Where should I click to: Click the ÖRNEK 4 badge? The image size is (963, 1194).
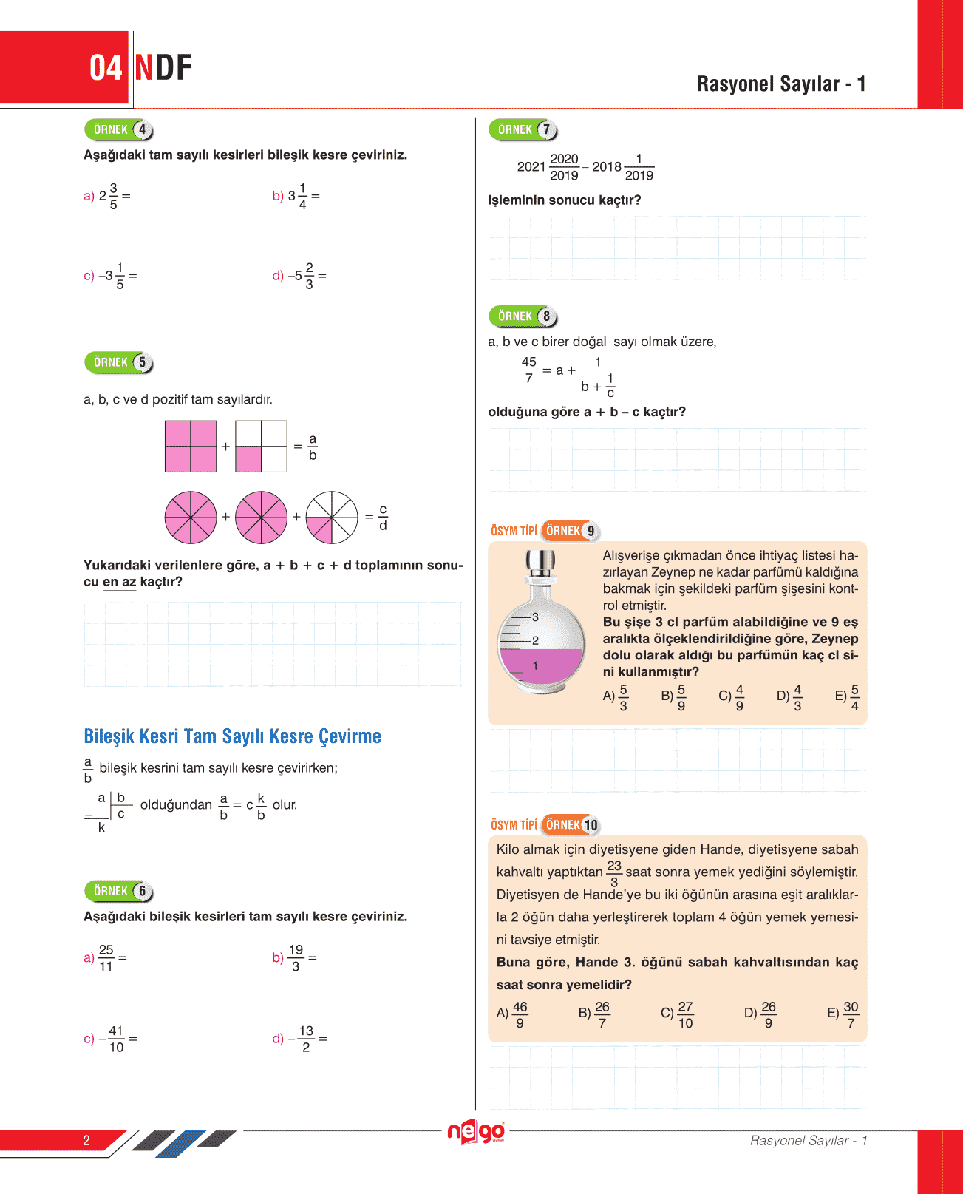[x=118, y=130]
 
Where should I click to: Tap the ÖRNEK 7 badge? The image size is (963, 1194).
[x=523, y=130]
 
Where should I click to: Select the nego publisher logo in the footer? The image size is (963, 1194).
[x=477, y=1132]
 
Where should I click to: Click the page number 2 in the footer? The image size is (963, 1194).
[x=86, y=1140]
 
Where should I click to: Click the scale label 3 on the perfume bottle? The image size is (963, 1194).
[x=535, y=617]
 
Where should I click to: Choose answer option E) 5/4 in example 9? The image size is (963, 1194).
[x=848, y=697]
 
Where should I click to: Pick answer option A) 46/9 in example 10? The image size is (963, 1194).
[x=513, y=1014]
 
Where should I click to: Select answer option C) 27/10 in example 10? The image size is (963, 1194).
[x=678, y=1014]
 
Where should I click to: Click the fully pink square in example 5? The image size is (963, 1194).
[x=191, y=447]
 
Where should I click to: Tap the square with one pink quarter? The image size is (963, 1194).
[x=261, y=447]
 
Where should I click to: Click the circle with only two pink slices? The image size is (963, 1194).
[x=332, y=517]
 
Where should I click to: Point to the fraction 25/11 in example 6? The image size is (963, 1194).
[x=106, y=958]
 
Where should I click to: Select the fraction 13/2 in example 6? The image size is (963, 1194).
[x=305, y=1039]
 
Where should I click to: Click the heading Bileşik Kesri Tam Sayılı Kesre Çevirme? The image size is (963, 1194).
[x=232, y=736]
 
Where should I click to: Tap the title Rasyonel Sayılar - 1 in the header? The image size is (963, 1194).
[x=780, y=84]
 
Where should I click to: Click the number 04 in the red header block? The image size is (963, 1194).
[x=105, y=68]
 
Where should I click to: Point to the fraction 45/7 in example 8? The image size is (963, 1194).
[x=528, y=370]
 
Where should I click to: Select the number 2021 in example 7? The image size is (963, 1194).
[x=531, y=167]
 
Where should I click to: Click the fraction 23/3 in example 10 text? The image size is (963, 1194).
[x=614, y=873]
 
